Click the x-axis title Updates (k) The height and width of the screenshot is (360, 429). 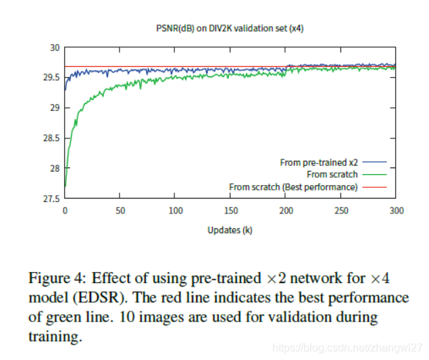(230, 230)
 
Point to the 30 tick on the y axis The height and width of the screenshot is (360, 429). (55, 47)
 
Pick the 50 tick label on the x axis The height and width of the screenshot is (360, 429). (120, 211)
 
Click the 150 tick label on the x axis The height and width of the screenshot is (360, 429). (231, 211)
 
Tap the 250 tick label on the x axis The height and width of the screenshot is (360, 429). (342, 211)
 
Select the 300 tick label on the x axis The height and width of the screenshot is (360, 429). (397, 211)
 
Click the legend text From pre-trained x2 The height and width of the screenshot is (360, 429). (318, 163)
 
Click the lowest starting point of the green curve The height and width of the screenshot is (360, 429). (66, 186)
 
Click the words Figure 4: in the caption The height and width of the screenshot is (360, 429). (57, 278)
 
